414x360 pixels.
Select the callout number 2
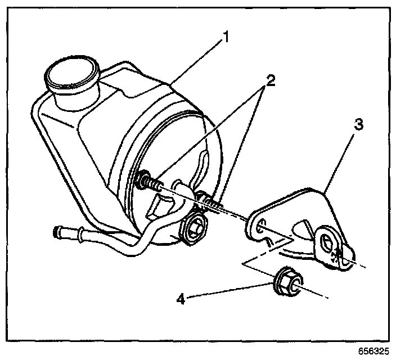click(x=271, y=80)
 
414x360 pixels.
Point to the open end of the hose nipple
click(x=55, y=231)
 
